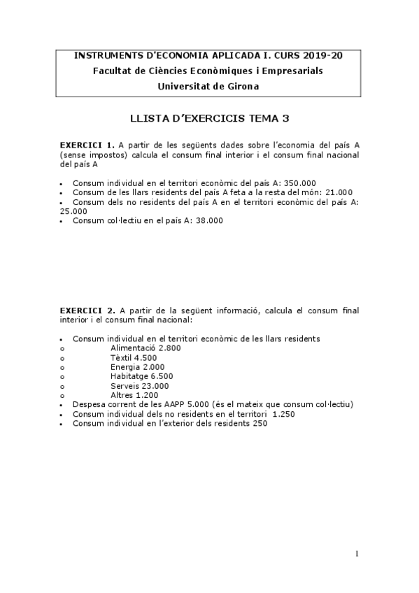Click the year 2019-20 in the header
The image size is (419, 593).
[x=319, y=55]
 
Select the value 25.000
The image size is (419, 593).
[x=73, y=211]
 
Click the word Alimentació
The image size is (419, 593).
[x=134, y=348]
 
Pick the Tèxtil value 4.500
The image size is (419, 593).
[x=145, y=357]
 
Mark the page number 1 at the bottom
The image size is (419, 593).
[x=357, y=555]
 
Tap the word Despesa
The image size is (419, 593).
[x=89, y=404]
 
